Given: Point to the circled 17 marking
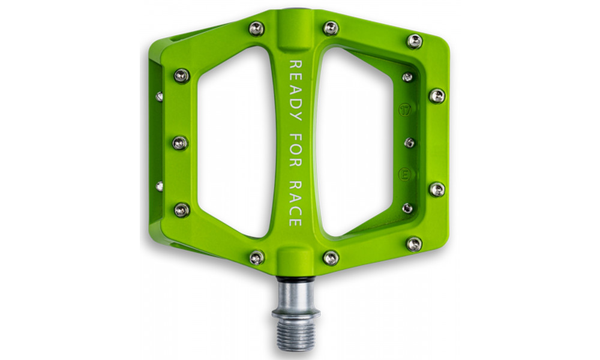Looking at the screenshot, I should pos(405,111).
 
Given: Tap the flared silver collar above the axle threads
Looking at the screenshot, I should pos(295,312).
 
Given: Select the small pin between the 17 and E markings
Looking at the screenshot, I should pos(409,143).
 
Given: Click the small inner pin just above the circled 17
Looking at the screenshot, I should pos(407,77).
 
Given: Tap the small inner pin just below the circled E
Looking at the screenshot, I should pos(407,208).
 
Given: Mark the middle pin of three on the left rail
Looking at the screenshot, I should pos(180,143).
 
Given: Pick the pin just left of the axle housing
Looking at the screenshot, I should pos(257,257).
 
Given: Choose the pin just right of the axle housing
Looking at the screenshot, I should pos(331,257).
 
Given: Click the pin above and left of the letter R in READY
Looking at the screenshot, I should pos(257,28).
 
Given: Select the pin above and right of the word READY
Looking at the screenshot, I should pos(331,28).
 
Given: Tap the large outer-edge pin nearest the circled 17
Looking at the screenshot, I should pos(437,96).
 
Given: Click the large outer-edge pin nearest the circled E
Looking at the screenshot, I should pos(437,190).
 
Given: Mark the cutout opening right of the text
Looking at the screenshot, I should pos(360,144).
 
